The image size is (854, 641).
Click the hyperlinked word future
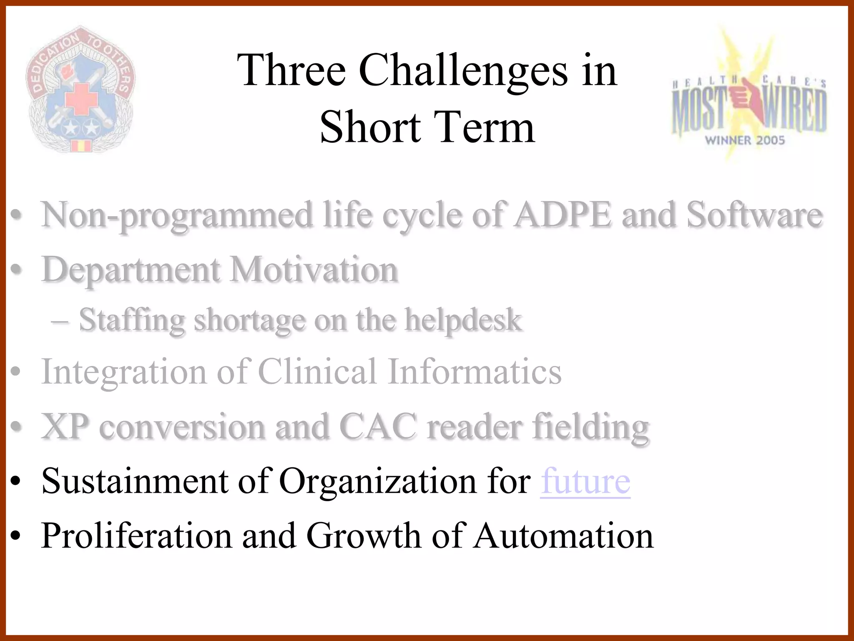585,481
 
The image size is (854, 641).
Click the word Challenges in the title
463,71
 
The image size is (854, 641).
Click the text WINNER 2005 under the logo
745,140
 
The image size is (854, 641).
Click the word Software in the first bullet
754,215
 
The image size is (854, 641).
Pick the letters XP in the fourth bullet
65,426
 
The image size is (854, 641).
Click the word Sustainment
135,481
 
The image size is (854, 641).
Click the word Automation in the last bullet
563,536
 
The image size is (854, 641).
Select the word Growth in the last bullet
363,536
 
